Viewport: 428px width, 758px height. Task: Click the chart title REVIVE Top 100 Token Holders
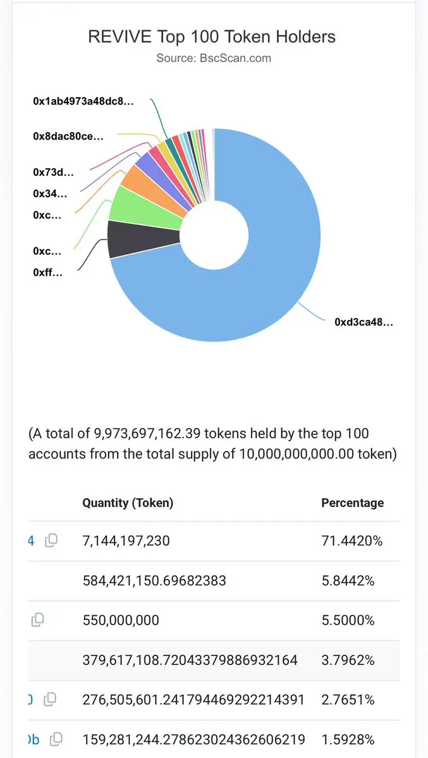[x=212, y=37]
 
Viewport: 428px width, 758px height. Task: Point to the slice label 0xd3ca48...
[x=364, y=322]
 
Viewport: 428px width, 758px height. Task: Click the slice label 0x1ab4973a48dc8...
[x=83, y=101]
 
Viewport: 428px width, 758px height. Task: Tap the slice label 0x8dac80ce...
[x=68, y=135]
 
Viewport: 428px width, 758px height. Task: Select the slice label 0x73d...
[x=53, y=171]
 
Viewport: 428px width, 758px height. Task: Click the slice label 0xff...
[x=47, y=272]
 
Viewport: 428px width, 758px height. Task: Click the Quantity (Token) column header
[x=128, y=503]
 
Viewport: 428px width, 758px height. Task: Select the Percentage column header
[x=352, y=503]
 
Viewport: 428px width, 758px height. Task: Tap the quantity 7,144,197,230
[x=126, y=541]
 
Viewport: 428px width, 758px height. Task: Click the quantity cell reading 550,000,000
[x=121, y=620]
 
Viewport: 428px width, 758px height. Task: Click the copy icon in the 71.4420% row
[x=51, y=541]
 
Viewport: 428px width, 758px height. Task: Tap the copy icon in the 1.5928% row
[x=56, y=738]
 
